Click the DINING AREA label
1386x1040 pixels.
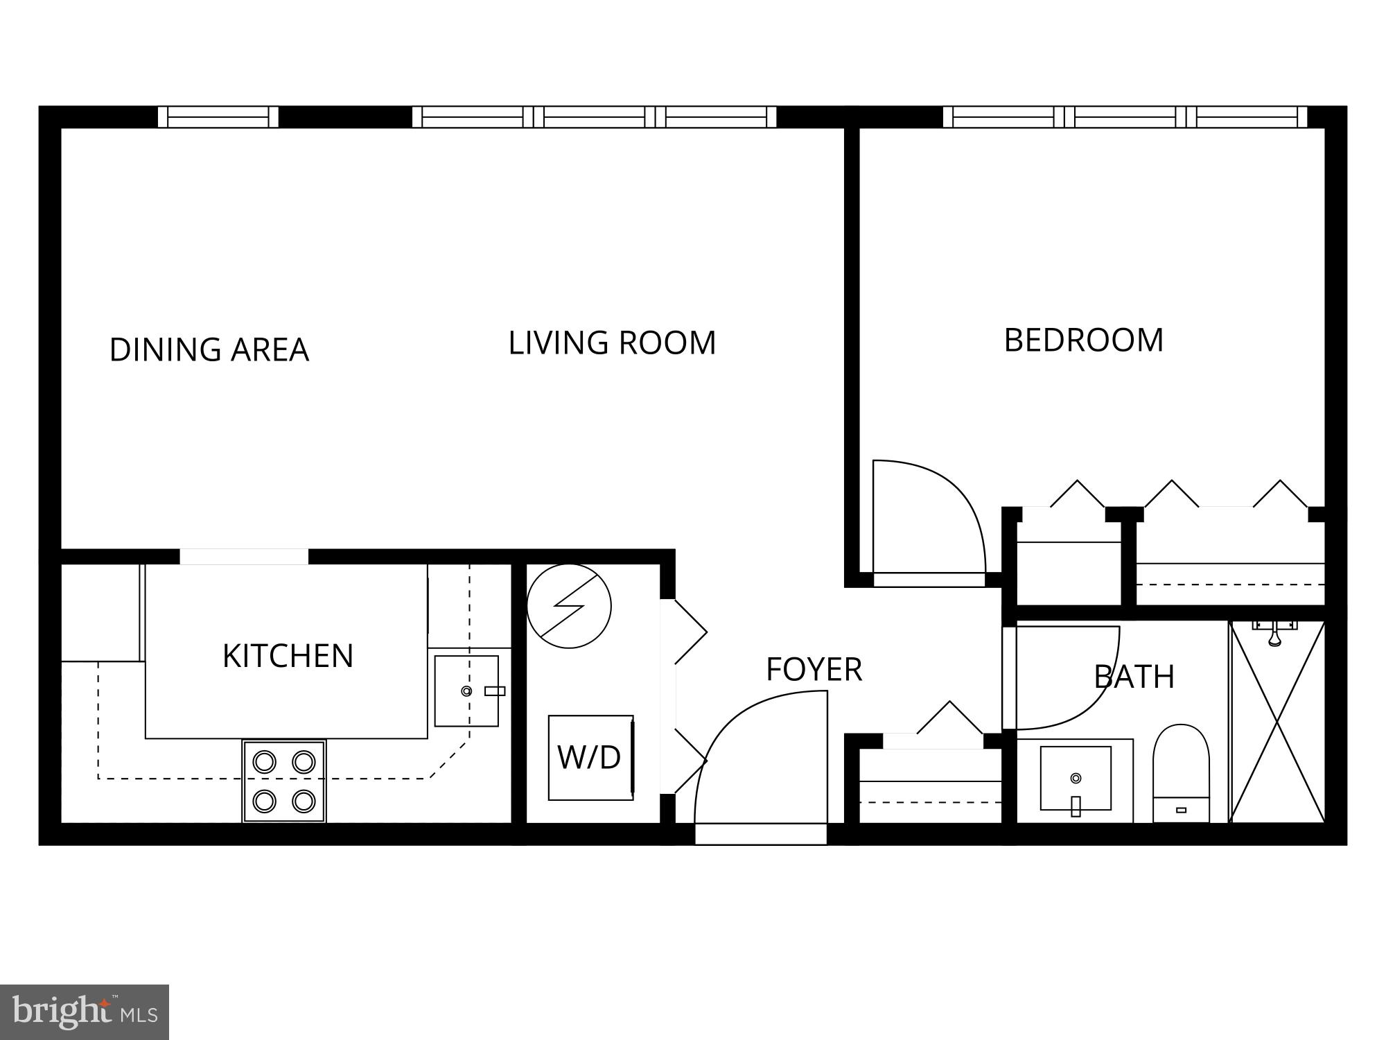[209, 349]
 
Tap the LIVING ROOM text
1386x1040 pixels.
[612, 343]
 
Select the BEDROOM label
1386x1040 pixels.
[1083, 340]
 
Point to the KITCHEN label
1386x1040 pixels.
[288, 655]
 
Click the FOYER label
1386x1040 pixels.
[814, 669]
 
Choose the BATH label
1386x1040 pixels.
[1134, 676]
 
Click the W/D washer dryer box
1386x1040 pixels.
[590, 757]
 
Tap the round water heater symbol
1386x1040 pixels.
[569, 606]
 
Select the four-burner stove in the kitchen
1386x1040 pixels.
[284, 781]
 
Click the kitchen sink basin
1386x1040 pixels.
[466, 691]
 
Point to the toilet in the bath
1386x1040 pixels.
[1181, 773]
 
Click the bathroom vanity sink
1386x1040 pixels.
[1075, 778]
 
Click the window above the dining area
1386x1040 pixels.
[218, 116]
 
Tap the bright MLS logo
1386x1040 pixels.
[85, 1012]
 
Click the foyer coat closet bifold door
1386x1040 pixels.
[949, 721]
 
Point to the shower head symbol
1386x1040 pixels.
[1274, 634]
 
